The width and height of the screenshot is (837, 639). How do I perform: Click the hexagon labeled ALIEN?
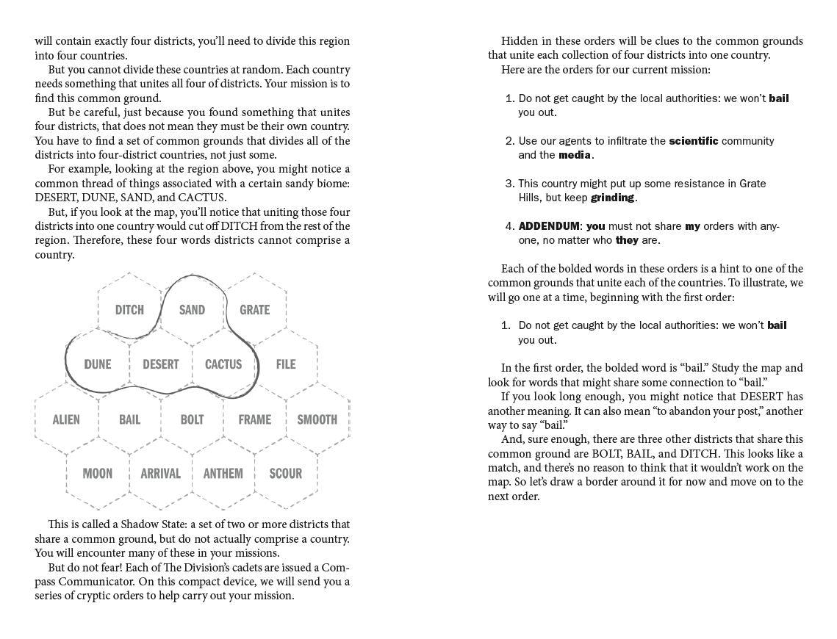click(x=66, y=419)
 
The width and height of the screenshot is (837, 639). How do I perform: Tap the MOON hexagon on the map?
click(x=98, y=473)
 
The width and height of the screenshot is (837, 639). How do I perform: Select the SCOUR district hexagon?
click(x=286, y=473)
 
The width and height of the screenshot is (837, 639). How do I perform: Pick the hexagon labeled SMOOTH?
click(x=317, y=419)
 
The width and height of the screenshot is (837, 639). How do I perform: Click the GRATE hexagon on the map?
click(x=255, y=310)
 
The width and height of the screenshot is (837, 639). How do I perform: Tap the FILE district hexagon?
click(x=286, y=364)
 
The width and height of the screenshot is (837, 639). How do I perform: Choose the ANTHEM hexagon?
click(x=223, y=473)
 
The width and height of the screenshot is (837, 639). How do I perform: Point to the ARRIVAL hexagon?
click(x=160, y=473)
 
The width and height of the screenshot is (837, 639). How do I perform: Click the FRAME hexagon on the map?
click(x=255, y=419)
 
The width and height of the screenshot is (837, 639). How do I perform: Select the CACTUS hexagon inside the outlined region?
click(x=223, y=364)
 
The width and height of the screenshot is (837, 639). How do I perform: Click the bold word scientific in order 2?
click(x=693, y=141)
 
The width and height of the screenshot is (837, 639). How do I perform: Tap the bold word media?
click(x=575, y=155)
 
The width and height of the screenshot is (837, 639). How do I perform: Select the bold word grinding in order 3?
click(x=612, y=198)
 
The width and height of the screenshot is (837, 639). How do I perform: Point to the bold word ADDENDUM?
click(x=549, y=226)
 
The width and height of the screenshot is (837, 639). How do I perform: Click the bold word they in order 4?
click(x=627, y=240)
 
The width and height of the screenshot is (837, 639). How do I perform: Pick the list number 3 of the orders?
click(x=509, y=184)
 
